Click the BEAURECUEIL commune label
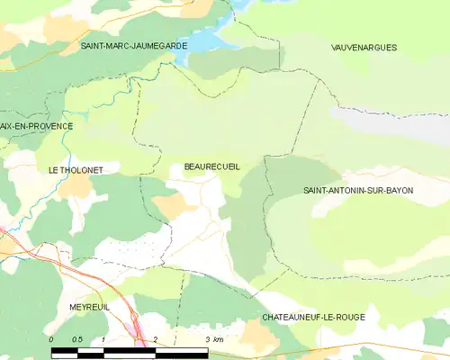tap(211, 166)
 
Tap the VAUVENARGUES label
tap(364, 47)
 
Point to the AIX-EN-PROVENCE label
tap(36, 126)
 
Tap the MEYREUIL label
tap(89, 307)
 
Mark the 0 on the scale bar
tap(51, 339)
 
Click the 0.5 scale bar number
tap(78, 339)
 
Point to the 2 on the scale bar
tap(156, 339)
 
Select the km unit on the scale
tap(219, 339)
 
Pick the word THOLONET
tap(76, 169)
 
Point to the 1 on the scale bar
tap(104, 339)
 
